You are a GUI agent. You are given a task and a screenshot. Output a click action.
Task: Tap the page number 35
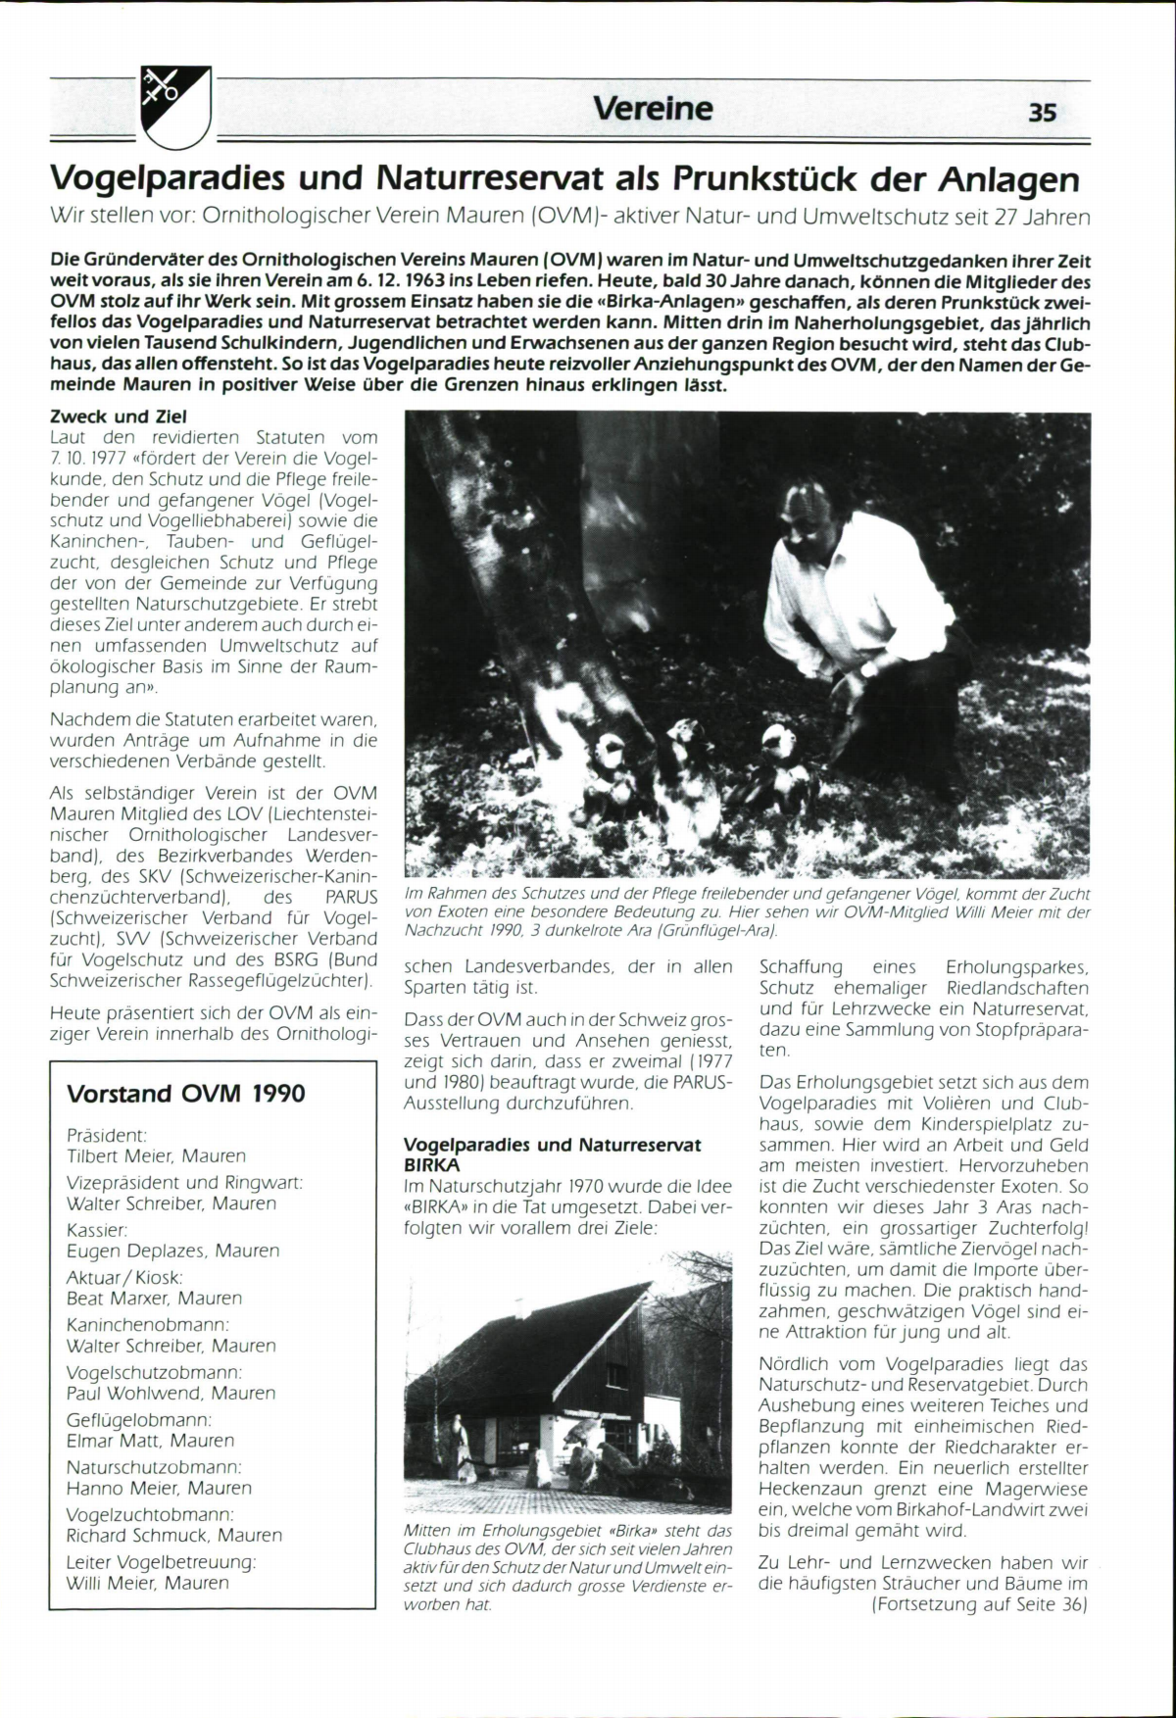(1043, 112)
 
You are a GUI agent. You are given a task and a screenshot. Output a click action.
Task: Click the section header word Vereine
(653, 108)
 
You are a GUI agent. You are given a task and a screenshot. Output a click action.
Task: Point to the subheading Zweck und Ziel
(118, 417)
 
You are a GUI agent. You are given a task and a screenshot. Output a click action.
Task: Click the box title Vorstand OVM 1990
(185, 1094)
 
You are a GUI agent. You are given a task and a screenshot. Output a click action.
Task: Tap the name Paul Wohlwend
(131, 1394)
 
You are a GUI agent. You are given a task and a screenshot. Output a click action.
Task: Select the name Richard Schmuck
(138, 1536)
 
